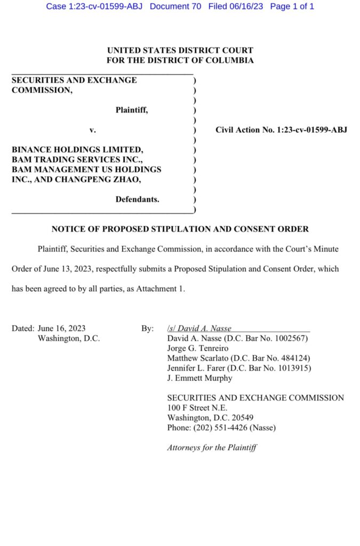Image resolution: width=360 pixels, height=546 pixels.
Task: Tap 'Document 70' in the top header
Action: pyautogui.click(x=175, y=6)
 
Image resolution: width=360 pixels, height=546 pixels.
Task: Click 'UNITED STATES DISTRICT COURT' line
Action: pyautogui.click(x=180, y=51)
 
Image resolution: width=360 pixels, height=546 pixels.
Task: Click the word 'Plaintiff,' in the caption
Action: pyautogui.click(x=132, y=110)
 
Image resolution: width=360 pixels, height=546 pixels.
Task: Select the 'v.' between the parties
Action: pyautogui.click(x=93, y=130)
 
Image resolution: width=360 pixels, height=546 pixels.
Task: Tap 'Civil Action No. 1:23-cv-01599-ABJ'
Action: pyautogui.click(x=282, y=130)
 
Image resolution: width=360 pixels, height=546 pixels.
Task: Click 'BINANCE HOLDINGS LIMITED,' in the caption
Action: pyautogui.click(x=77, y=150)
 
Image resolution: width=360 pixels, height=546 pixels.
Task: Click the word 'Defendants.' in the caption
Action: pyautogui.click(x=137, y=199)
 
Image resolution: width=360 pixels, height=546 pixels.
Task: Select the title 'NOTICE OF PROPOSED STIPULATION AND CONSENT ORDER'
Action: pyautogui.click(x=180, y=229)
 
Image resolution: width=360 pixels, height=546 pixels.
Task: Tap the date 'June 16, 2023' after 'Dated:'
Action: pyautogui.click(x=62, y=328)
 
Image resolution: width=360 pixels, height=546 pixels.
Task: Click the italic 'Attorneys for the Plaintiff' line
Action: pyautogui.click(x=212, y=447)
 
